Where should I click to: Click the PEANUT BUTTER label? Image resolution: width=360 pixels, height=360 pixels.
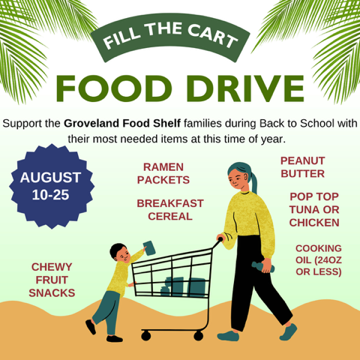coord(303,167)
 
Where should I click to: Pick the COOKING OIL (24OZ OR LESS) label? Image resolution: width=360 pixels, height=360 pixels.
coord(318,259)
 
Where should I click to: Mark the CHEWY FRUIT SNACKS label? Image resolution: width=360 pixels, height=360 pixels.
coord(52,280)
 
